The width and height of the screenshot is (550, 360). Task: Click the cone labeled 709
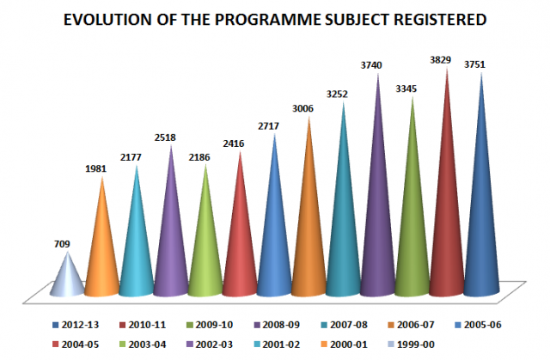click(67, 280)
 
